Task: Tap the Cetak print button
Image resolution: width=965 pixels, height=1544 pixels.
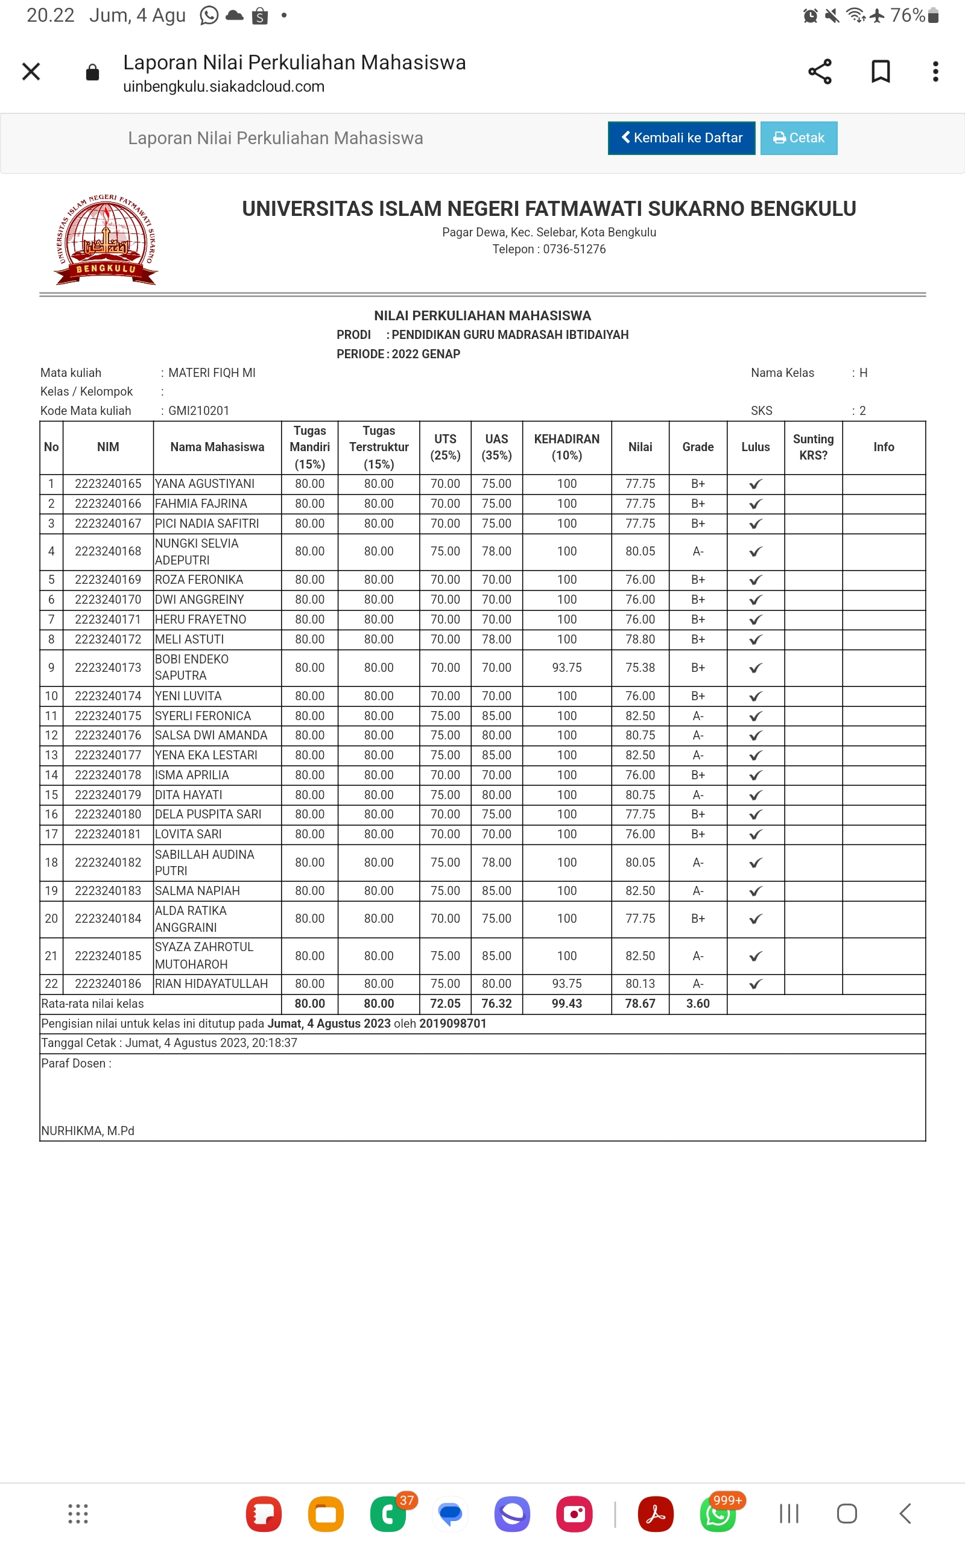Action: (799, 138)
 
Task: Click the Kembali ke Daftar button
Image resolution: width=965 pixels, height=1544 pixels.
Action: (681, 138)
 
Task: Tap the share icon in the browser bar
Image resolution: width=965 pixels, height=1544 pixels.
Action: (820, 71)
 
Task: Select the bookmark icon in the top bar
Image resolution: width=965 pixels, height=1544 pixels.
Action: (880, 71)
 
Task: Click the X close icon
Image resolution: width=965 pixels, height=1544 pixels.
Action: (31, 71)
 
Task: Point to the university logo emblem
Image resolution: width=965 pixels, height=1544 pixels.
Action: (106, 239)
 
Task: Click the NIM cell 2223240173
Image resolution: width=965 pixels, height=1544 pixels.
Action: (108, 668)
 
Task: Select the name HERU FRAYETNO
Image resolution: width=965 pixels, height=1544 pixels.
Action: (200, 619)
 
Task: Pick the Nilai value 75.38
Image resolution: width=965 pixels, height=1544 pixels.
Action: (639, 668)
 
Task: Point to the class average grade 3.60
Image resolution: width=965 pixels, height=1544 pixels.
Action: (698, 1004)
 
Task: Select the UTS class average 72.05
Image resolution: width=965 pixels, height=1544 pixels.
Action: (445, 1004)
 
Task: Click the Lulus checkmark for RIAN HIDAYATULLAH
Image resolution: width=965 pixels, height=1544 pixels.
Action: (755, 984)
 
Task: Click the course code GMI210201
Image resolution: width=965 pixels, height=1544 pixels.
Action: (198, 411)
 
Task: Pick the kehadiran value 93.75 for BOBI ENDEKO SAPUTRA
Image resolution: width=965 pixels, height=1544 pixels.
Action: (566, 668)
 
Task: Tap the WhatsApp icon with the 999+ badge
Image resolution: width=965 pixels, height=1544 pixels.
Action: (718, 1513)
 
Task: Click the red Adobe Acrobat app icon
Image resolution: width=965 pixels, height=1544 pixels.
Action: (656, 1513)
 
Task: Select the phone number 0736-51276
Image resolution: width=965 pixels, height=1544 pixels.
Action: (574, 250)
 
